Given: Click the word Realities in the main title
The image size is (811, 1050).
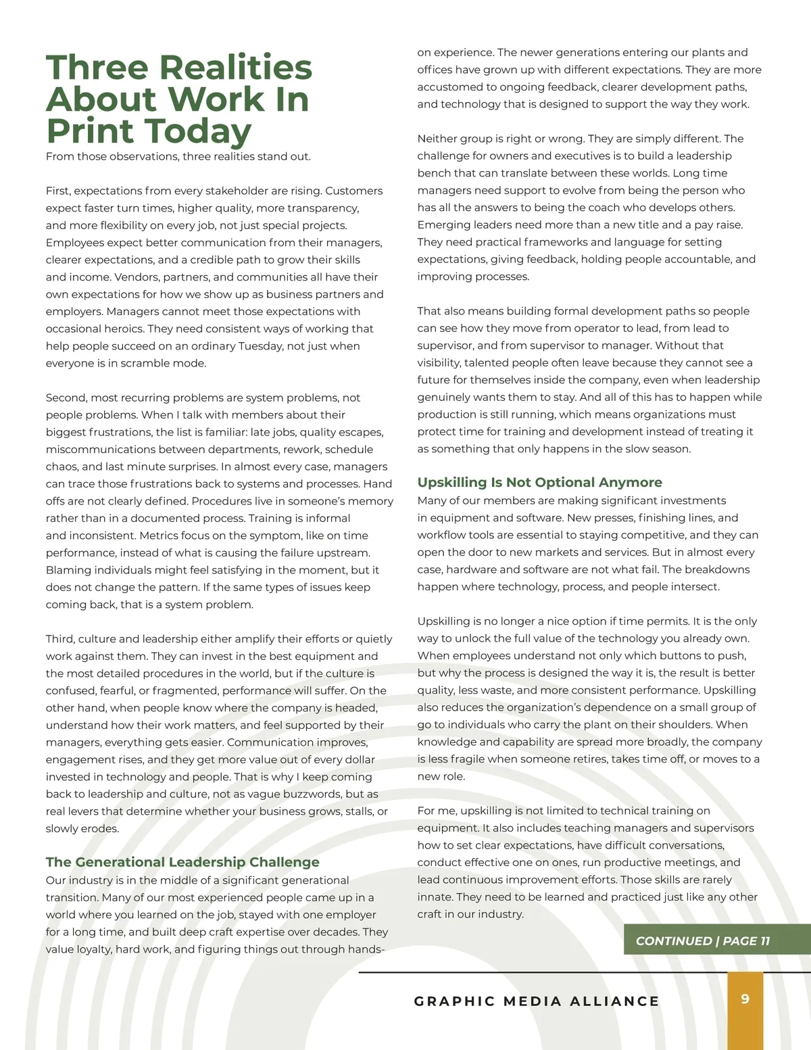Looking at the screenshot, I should (236, 68).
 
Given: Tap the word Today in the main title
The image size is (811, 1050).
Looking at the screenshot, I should (197, 131).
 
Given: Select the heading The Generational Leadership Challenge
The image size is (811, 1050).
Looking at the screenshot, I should (182, 862).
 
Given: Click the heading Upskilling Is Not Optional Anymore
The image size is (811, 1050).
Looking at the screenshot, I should (539, 482).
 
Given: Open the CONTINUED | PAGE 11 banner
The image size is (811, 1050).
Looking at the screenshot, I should (703, 940).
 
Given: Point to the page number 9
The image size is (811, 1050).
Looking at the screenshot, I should (745, 999).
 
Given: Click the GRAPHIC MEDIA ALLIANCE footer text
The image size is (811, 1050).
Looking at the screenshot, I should (537, 1001).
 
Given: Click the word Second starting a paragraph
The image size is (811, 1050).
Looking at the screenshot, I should (66, 398).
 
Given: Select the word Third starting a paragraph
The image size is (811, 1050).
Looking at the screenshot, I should (59, 639).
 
